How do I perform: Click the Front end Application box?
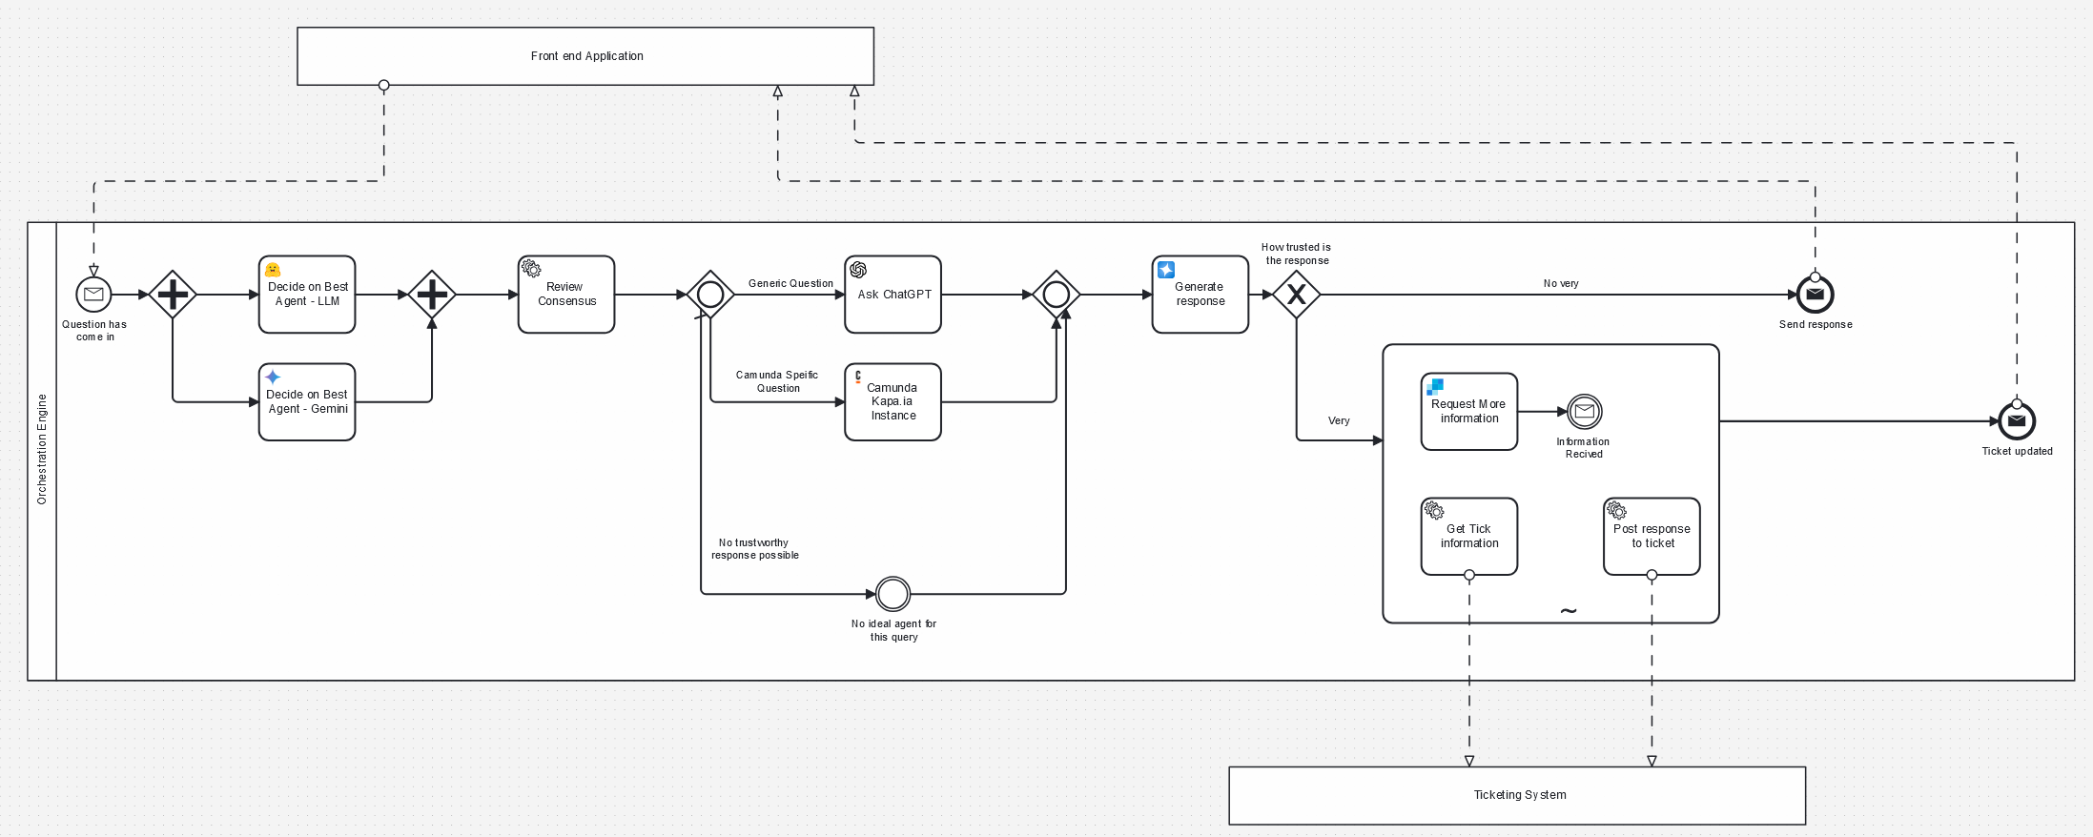coord(585,56)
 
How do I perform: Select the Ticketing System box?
coord(1517,795)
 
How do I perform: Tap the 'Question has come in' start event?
coord(93,295)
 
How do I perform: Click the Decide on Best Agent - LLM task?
coord(307,295)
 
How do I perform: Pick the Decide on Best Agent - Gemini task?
coord(307,402)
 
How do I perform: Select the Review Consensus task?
coord(566,295)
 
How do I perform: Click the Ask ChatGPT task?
coord(893,295)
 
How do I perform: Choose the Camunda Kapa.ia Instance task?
coord(893,402)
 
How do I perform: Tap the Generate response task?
coord(1200,295)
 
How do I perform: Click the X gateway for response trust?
coord(1297,295)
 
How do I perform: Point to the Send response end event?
coord(1816,295)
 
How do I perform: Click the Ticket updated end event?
coord(2017,421)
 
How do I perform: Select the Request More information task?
coord(1469,412)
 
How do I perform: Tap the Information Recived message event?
coord(1585,412)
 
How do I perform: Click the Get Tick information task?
coord(1469,537)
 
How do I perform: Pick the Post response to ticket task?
coord(1652,537)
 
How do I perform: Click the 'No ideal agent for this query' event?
coord(893,594)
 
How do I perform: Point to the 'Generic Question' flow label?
coord(790,283)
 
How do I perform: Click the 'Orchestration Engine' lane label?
coord(42,449)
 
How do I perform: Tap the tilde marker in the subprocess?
coord(1569,611)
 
